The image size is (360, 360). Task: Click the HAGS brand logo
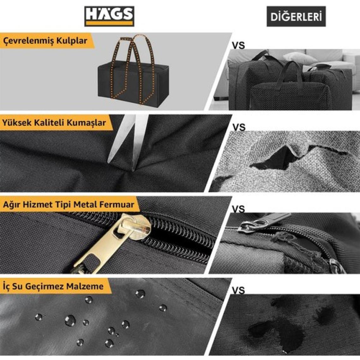pyautogui.click(x=109, y=16)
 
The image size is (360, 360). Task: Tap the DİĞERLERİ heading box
pyautogui.click(x=296, y=16)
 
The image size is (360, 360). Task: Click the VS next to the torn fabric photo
pyautogui.click(x=239, y=128)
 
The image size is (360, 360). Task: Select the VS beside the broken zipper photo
pyautogui.click(x=238, y=209)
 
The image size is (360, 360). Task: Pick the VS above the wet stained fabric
pyautogui.click(x=238, y=291)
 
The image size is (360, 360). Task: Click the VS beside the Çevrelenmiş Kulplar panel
pyautogui.click(x=238, y=46)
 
